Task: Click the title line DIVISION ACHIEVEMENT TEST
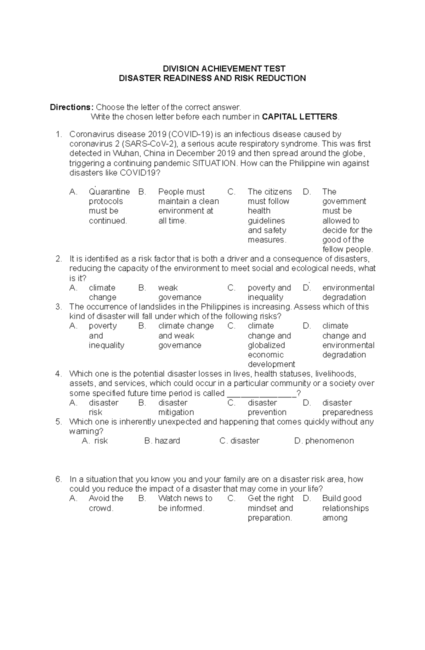coord(224,69)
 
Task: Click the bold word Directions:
coord(72,107)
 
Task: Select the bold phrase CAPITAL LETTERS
coord(300,117)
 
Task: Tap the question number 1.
coord(58,134)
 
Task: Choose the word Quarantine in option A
coord(109,192)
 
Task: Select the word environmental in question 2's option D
coord(348,288)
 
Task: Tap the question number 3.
coord(58,307)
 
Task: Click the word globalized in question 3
coord(266,345)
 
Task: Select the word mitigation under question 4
coord(176,412)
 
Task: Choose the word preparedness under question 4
coord(347,412)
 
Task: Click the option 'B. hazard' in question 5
coord(162,441)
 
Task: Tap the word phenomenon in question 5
coord(329,441)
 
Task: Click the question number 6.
coord(58,480)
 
